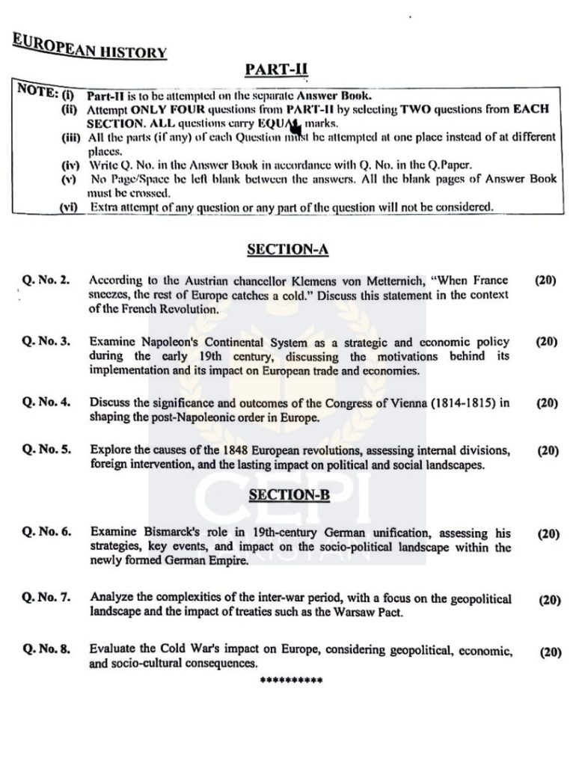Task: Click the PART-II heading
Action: click(277, 70)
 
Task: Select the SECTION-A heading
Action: click(288, 250)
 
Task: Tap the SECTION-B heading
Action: click(289, 494)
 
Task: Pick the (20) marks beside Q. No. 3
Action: click(547, 342)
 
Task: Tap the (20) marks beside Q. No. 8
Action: click(551, 652)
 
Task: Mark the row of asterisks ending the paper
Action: click(291, 681)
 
